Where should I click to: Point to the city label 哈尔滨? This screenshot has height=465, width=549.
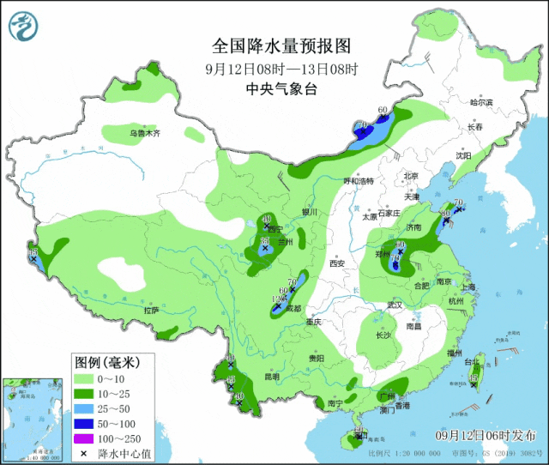coord(481,102)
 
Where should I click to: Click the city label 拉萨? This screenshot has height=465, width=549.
coord(151,310)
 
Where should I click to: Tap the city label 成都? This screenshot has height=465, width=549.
coord(294,308)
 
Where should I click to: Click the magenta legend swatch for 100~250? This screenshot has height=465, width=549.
coord(83,439)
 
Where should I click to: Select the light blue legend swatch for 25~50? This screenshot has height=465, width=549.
coord(83,408)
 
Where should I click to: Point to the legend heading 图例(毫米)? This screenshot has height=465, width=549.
coord(101,361)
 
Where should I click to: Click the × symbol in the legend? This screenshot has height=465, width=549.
coord(83,454)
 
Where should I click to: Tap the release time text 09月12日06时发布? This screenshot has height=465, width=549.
coord(486,435)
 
